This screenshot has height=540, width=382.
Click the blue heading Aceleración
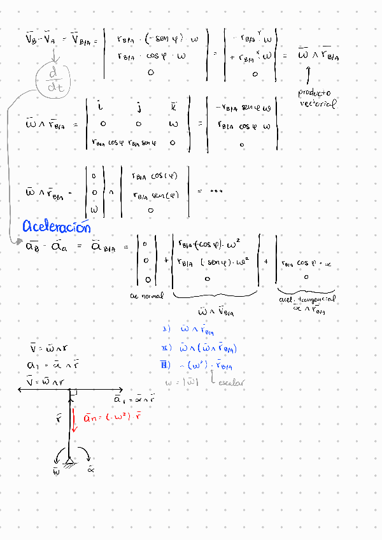(x=57, y=227)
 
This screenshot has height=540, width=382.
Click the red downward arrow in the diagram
(x=74, y=420)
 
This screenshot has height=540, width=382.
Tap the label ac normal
(x=146, y=295)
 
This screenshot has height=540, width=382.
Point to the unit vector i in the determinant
(x=102, y=103)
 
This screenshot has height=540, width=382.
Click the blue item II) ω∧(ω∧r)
(x=201, y=348)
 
